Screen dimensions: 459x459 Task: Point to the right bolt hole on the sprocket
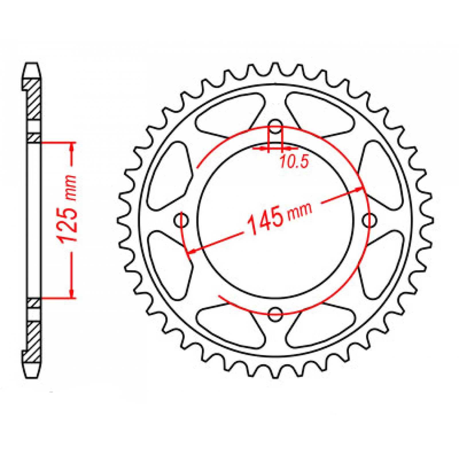[x=369, y=220]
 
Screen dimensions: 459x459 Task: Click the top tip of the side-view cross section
[x=32, y=64]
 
